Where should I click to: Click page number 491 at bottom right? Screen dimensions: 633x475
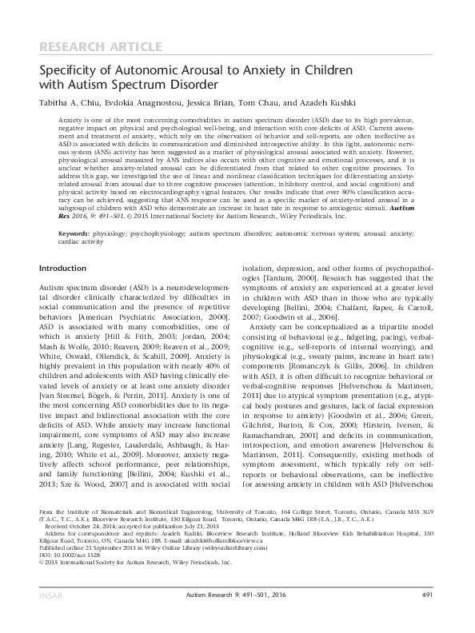pyautogui.click(x=428, y=617)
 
